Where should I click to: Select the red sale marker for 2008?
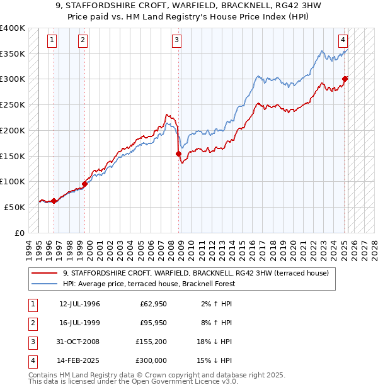point(178,153)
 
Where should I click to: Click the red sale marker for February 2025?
point(345,79)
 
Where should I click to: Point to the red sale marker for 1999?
point(84,184)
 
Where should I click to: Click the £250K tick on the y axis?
point(13,104)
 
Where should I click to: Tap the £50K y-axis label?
point(14,207)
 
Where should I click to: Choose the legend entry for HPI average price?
point(149,284)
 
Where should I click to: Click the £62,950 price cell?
point(152,304)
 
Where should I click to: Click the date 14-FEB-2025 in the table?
point(79,360)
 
